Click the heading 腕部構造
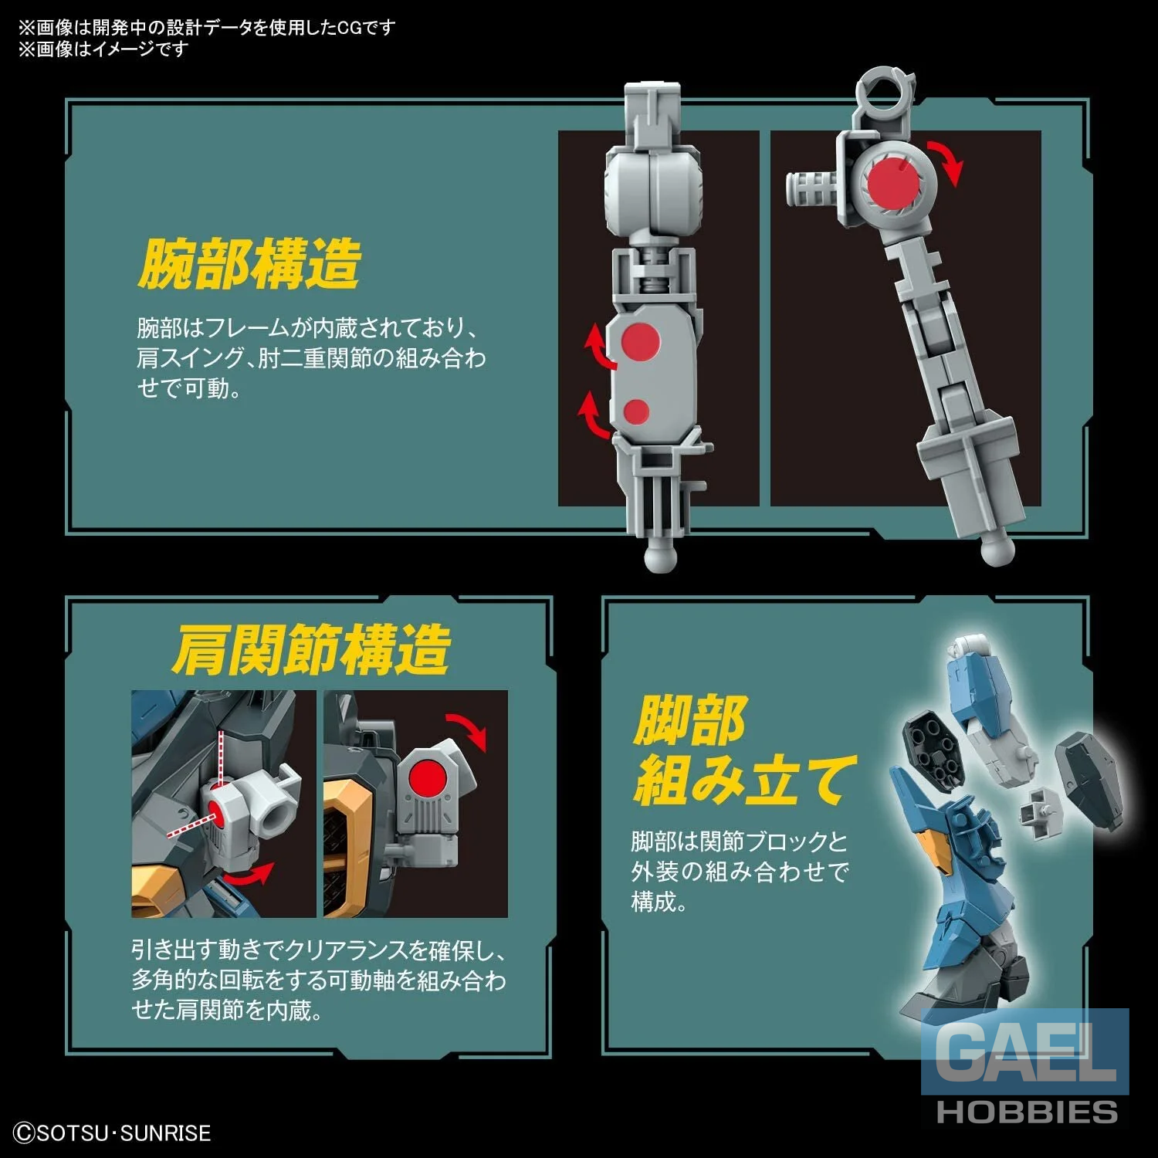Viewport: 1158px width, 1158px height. coord(249,263)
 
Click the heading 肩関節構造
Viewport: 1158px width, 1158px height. coord(310,649)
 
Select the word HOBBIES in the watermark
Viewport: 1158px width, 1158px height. coord(1027,1112)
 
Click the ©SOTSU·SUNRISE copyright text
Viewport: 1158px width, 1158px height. coord(113,1133)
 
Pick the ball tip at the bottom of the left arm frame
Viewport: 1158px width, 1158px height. coord(660,554)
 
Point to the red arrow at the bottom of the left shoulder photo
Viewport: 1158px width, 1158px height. coord(251,875)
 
